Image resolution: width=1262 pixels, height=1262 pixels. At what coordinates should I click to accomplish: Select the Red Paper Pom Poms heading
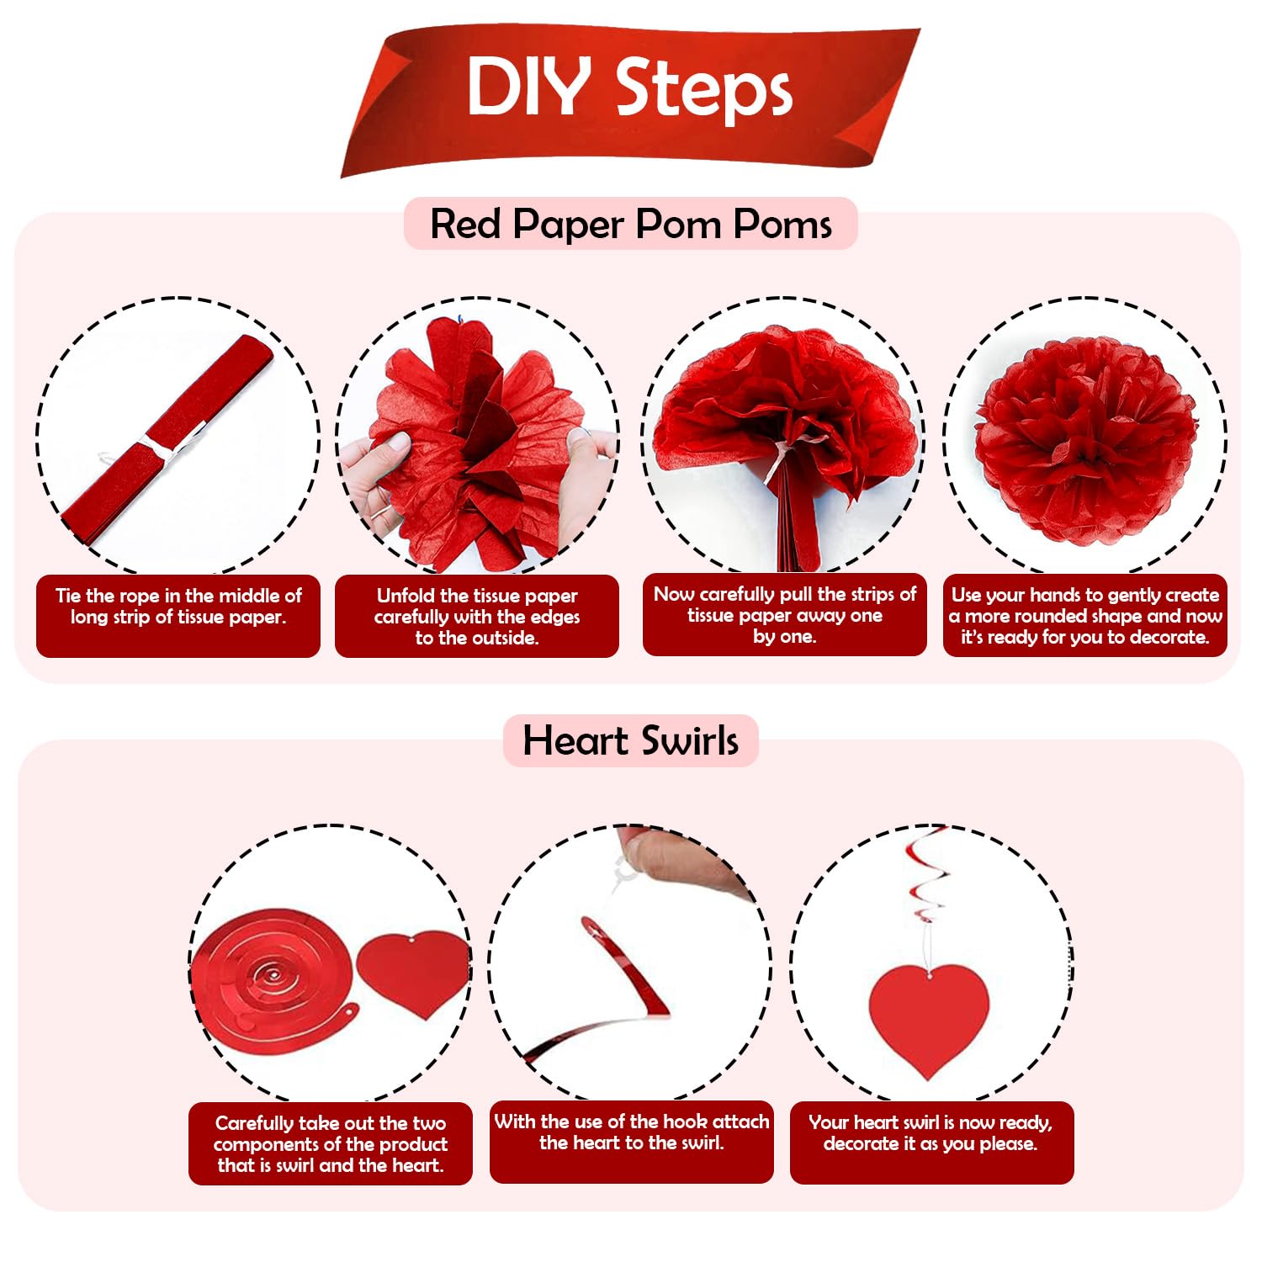(x=631, y=224)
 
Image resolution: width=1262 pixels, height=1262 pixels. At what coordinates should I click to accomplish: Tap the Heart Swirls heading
(x=631, y=740)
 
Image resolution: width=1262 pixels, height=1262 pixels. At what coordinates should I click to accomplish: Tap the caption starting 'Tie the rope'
(x=178, y=607)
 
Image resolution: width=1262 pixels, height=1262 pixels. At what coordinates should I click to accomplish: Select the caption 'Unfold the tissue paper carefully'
(x=477, y=617)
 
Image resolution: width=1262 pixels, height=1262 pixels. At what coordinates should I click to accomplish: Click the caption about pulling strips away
(x=784, y=615)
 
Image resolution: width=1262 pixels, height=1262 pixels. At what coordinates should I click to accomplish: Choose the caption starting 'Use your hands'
(x=1085, y=616)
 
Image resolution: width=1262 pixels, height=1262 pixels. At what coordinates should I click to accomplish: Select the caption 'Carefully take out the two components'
(x=330, y=1144)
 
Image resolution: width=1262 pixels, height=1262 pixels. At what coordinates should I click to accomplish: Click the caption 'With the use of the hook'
(x=631, y=1132)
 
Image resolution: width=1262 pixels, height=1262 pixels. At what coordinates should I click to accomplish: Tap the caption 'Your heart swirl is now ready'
(x=931, y=1132)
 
